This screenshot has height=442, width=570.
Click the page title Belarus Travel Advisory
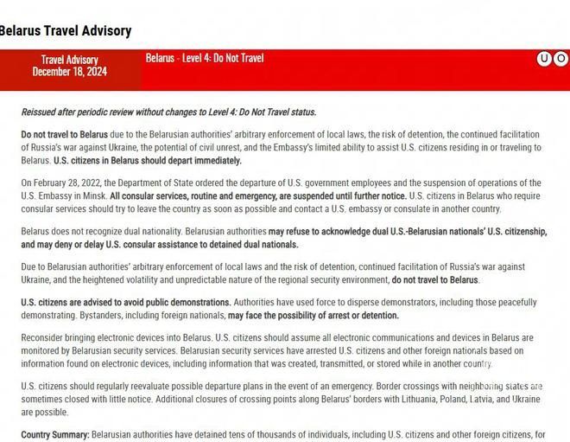click(65, 31)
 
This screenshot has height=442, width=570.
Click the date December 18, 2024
click(69, 72)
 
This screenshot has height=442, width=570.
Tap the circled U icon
click(545, 59)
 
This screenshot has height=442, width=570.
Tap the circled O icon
click(561, 59)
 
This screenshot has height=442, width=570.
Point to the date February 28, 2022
click(73, 183)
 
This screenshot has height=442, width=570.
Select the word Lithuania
click(377, 400)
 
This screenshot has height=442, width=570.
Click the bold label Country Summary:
click(55, 434)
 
